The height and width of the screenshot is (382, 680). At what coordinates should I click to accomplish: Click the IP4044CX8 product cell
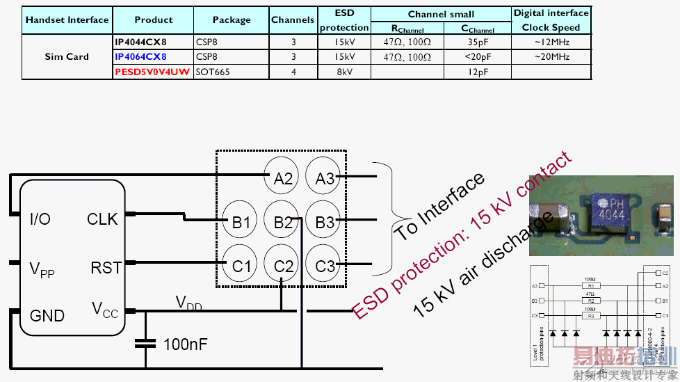tap(141, 42)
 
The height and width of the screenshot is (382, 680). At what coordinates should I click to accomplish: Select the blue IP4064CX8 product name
tap(141, 56)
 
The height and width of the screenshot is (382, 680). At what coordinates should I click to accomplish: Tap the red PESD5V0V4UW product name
tap(152, 72)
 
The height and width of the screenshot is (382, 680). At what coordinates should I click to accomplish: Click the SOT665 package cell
tap(213, 72)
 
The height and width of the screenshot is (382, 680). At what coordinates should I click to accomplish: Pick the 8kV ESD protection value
tap(343, 72)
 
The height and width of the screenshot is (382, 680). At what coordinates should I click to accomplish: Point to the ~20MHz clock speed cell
tap(551, 56)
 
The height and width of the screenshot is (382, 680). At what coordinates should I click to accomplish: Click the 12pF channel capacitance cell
tap(478, 72)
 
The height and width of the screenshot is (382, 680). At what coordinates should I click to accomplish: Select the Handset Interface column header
tap(67, 19)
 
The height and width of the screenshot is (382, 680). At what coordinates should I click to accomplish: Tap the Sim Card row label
tap(67, 56)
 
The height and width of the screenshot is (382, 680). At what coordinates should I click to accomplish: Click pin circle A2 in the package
tap(283, 179)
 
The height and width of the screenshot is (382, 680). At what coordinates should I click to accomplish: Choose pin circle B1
tap(241, 223)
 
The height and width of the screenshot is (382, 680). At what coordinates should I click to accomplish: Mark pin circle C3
tap(325, 266)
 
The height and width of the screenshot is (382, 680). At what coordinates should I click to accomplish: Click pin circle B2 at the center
tap(283, 223)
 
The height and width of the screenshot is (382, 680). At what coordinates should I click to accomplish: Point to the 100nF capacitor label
tap(185, 344)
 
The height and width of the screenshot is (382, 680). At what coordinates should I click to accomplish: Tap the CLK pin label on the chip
tap(102, 219)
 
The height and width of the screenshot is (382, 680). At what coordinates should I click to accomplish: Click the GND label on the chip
tap(47, 316)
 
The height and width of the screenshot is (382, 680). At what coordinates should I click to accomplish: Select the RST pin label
tap(106, 268)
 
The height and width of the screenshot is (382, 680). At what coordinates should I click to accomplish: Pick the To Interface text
tap(439, 207)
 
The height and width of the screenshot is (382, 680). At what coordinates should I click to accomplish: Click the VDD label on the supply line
tap(189, 303)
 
